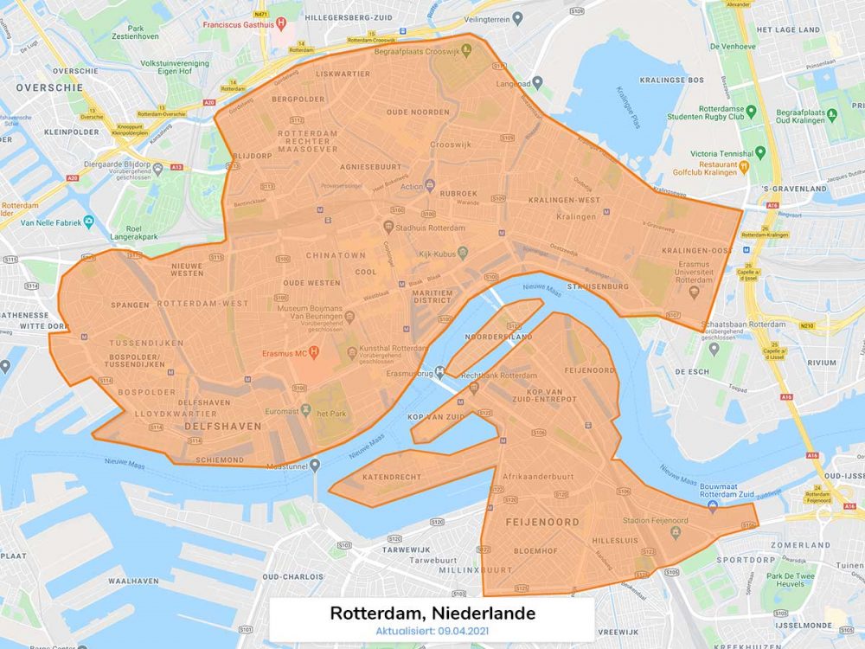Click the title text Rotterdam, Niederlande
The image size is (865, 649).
pos(432,613)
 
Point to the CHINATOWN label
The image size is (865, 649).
pos(335,256)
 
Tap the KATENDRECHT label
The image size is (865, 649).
pos(392,477)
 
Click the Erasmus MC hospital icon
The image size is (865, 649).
pos(315,353)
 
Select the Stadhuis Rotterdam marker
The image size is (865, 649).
pos(388,227)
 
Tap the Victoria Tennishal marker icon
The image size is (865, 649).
pos(760,152)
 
